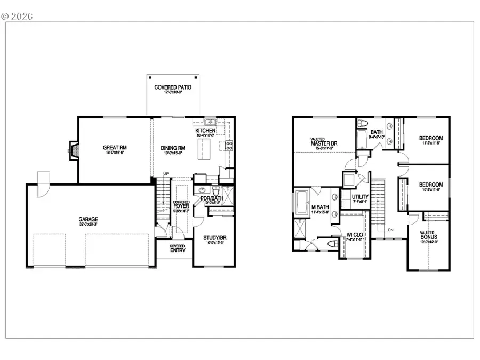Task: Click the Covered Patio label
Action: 173,87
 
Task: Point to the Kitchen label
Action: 205,131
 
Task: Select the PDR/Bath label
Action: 212,198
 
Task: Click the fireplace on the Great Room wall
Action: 72,150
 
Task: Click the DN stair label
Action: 391,230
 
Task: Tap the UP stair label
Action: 165,174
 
